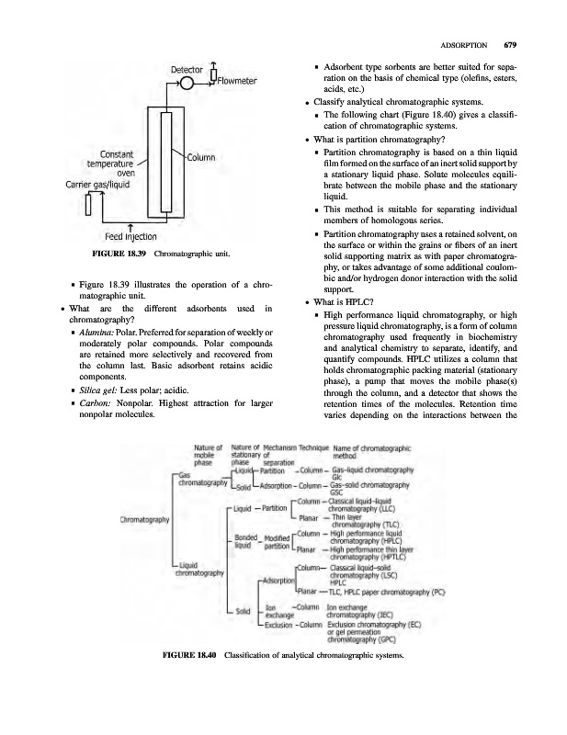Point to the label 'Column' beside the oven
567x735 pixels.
(200, 157)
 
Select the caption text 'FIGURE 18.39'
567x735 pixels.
(114, 253)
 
